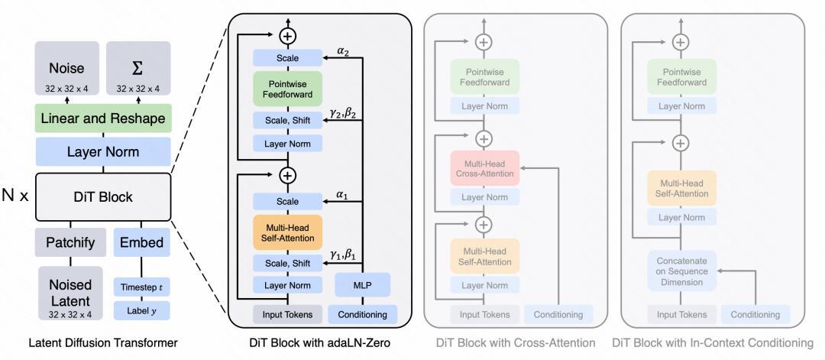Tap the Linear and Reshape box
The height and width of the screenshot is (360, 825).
103,118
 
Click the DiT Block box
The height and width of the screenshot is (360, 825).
103,196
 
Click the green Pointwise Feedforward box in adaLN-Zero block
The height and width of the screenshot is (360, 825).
289,88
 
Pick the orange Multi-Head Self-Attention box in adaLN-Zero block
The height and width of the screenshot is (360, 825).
289,232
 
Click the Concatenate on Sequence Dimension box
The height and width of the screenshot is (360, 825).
682,269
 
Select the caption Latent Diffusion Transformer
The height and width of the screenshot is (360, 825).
103,344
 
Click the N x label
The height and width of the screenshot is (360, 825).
15,196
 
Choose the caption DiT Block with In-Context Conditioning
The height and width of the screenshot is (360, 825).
717,344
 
